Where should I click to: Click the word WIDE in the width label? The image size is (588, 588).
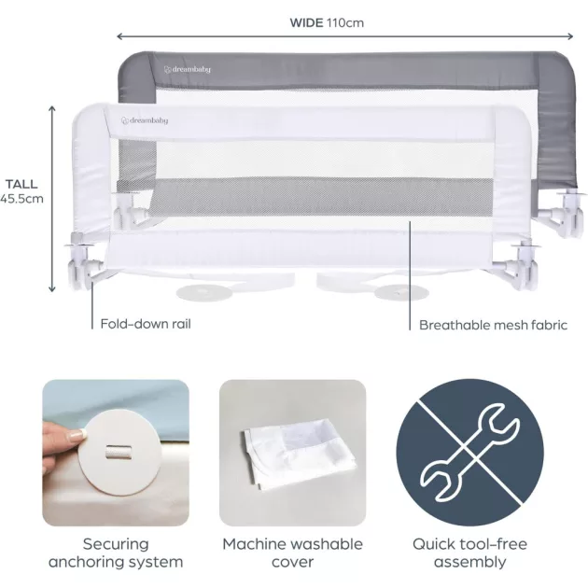[x=306, y=23]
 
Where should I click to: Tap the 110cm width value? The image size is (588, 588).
[x=345, y=23]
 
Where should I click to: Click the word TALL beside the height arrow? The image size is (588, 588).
[x=21, y=184]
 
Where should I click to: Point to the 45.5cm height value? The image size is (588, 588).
[x=21, y=199]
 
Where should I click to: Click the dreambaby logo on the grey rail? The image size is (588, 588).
[x=187, y=70]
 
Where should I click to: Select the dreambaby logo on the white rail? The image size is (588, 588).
[x=145, y=120]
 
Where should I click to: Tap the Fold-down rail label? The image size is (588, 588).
[x=146, y=324]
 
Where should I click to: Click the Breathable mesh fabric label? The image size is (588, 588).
[x=493, y=325]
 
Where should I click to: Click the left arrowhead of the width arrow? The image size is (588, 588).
[x=120, y=36]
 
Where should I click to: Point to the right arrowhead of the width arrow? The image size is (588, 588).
[x=569, y=36]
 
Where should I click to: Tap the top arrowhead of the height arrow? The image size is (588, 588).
[x=52, y=109]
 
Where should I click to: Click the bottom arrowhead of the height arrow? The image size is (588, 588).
[x=52, y=288]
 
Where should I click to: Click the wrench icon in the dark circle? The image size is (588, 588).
[x=469, y=453]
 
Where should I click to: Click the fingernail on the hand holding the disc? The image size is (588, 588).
[x=78, y=435]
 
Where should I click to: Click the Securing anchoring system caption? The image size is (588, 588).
[x=116, y=553]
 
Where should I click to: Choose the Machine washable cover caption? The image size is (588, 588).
[x=292, y=553]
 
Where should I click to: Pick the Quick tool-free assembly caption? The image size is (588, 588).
[x=469, y=553]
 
